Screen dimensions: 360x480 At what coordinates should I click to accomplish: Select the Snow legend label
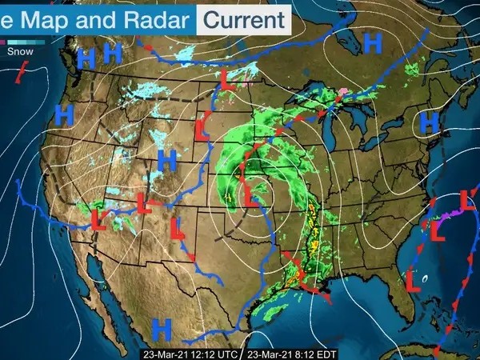coord(20,51)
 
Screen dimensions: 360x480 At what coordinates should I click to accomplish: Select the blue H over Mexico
coord(163,326)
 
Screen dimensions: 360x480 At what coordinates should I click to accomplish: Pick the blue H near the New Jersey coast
coord(430,122)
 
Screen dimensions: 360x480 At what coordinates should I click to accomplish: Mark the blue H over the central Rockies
coord(166,160)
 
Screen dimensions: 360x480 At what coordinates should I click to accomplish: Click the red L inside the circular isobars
coord(250,194)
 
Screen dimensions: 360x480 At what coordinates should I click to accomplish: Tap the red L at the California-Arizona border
coord(99,216)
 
